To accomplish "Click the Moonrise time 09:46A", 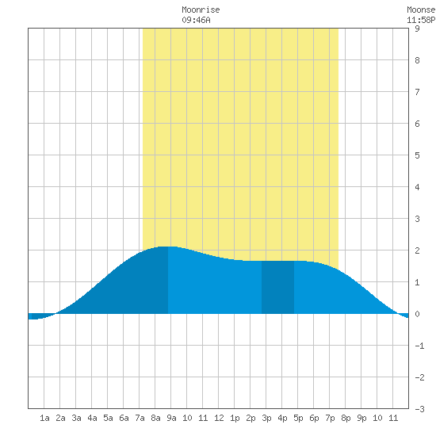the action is click(x=196, y=20).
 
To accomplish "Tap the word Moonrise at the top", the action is click(x=201, y=10).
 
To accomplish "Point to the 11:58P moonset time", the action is click(x=421, y=20).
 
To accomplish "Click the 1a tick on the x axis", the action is click(x=44, y=418).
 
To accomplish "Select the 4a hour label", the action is click(x=92, y=418).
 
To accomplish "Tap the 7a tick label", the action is click(x=140, y=418).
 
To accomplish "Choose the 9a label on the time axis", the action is click(x=171, y=418).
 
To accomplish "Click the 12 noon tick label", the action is click(x=219, y=418).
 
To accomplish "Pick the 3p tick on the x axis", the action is click(x=266, y=418).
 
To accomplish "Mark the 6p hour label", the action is click(x=314, y=418).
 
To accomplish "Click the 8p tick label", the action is click(x=346, y=418).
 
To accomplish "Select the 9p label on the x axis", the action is click(x=361, y=418).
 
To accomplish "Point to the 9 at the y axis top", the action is click(x=417, y=29).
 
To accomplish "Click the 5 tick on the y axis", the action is click(x=417, y=155).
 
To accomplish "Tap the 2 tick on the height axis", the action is click(x=417, y=251).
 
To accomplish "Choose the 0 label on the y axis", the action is click(x=417, y=314).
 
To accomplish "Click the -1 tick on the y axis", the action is click(x=419, y=346).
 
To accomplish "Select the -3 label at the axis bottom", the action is click(x=419, y=409).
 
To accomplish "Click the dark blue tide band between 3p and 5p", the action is click(x=277, y=287).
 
